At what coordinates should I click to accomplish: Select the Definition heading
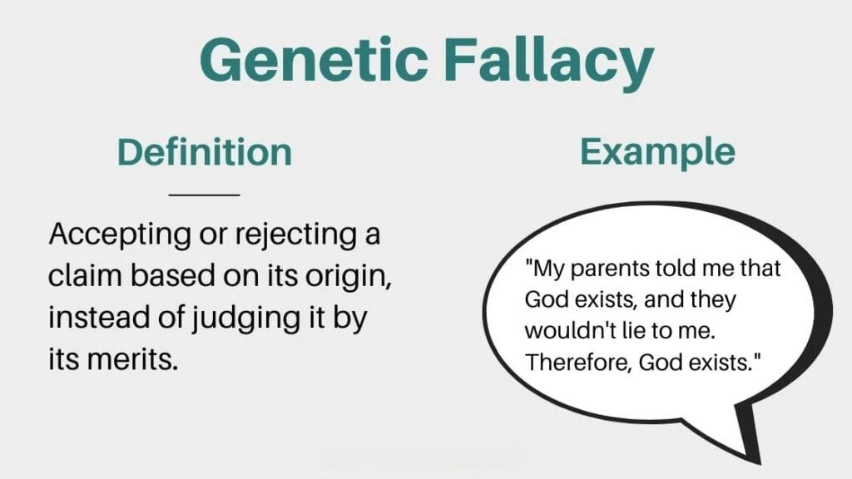pos(204,152)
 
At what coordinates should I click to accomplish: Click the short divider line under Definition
pos(204,195)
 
